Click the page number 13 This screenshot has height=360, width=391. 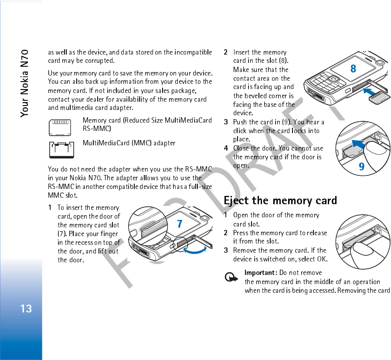pyautogui.click(x=26, y=309)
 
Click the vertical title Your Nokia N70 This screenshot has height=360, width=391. pyautogui.click(x=25, y=83)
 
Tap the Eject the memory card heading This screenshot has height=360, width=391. pyautogui.click(x=280, y=201)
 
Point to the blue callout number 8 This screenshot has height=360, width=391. pyautogui.click(x=353, y=69)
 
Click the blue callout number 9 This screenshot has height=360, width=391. pyautogui.click(x=361, y=167)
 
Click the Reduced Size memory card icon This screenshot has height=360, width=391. pyautogui.click(x=61, y=126)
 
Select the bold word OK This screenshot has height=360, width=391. pyautogui.click(x=322, y=259)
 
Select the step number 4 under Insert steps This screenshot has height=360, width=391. pyautogui.click(x=226, y=148)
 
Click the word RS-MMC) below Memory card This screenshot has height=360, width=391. pyautogui.click(x=97, y=129)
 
